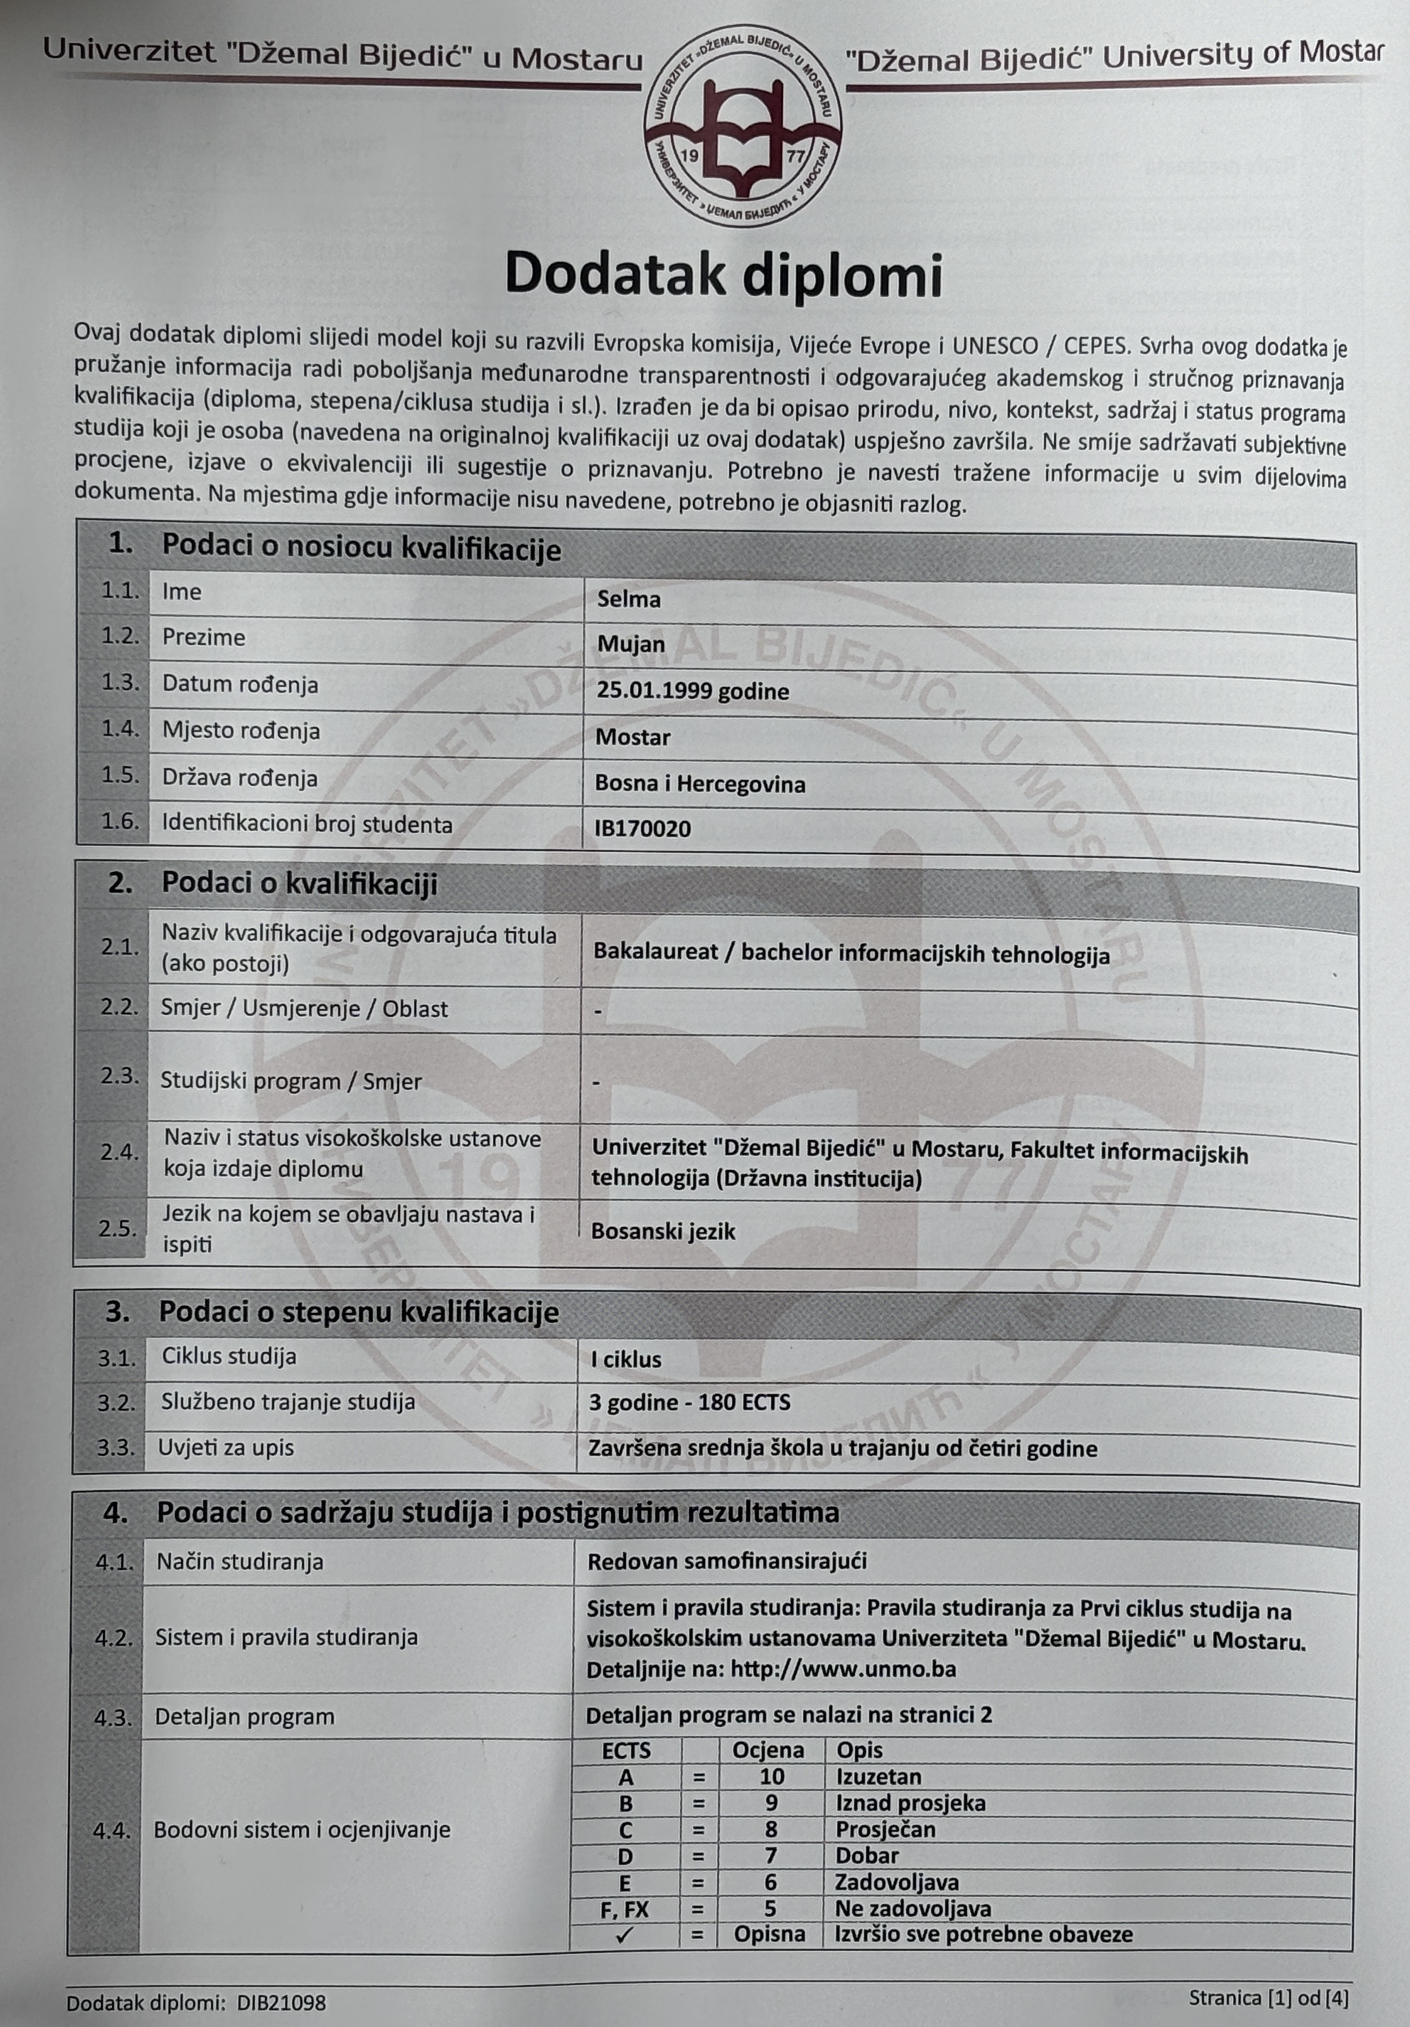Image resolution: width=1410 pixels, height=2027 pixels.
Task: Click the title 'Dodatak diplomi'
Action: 723,275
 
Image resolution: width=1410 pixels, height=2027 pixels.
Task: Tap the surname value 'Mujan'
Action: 630,644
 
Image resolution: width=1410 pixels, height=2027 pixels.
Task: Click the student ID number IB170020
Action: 643,828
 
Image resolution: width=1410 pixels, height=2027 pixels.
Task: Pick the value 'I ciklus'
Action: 625,1359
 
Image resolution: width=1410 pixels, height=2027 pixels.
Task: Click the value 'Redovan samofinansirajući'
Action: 727,1561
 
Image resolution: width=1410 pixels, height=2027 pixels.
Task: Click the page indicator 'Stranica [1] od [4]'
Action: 1268,1998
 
